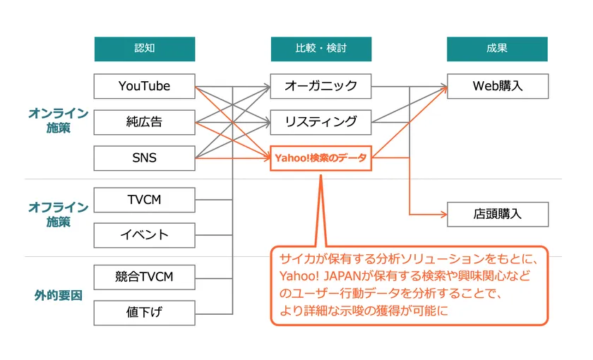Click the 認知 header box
(145, 49)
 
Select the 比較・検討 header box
(321, 49)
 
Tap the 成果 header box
(497, 49)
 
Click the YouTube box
(145, 86)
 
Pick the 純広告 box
(145, 122)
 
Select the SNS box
(145, 158)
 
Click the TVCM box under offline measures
(145, 200)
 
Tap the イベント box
(145, 235)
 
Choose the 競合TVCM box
(145, 277)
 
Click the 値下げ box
(145, 313)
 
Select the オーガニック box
(321, 86)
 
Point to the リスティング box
(321, 122)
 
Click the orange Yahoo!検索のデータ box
(321, 158)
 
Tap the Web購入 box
(498, 86)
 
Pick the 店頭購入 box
(498, 215)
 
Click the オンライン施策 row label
(58, 121)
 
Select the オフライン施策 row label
(58, 215)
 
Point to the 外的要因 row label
(58, 295)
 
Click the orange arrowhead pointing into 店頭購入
(444, 215)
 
